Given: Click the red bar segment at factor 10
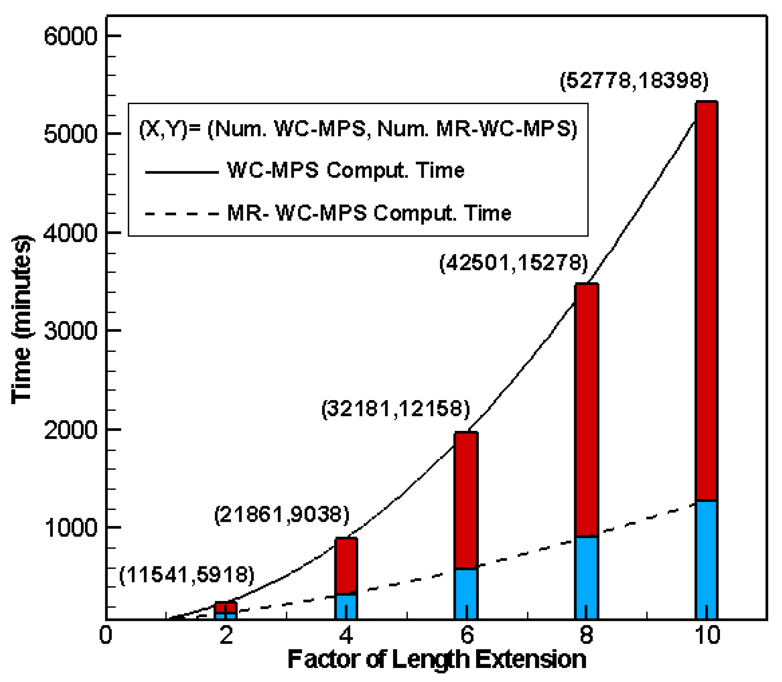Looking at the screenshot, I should click(706, 301).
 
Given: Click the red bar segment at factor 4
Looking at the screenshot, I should click(346, 565).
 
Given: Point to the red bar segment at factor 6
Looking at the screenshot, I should click(466, 500).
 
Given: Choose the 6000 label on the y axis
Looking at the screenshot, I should click(71, 36).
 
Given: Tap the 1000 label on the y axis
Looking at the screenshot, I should click(71, 528).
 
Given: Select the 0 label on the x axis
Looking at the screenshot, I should click(105, 635).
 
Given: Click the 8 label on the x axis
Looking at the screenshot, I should click(586, 635).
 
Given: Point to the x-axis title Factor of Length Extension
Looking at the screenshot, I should click(437, 660).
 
